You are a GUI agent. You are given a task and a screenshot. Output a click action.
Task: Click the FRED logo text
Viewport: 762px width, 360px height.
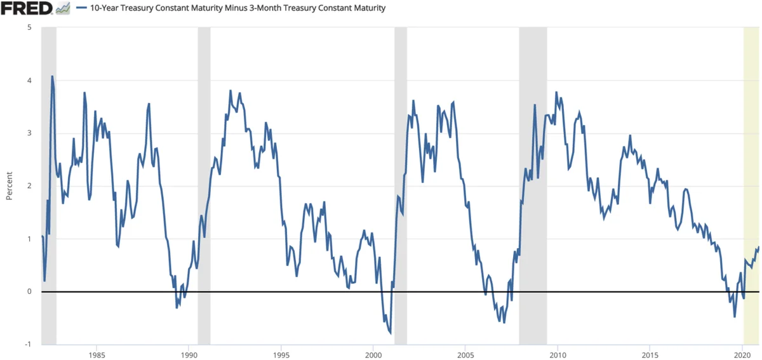(x=26, y=9)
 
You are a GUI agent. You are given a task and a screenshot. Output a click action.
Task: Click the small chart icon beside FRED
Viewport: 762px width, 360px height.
(x=62, y=9)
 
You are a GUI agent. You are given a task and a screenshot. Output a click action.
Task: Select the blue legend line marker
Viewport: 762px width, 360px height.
(x=81, y=9)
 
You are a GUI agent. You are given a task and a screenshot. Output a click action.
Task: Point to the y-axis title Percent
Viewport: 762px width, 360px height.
(x=10, y=185)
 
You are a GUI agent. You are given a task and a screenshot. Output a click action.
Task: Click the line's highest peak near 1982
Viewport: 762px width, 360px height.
(x=52, y=77)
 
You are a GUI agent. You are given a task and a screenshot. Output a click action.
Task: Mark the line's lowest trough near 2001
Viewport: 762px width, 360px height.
(x=390, y=333)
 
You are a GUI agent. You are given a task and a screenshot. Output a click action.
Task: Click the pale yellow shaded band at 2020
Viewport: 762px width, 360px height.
(x=752, y=159)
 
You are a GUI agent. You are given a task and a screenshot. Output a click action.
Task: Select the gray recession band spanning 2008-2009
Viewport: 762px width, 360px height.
(x=533, y=159)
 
